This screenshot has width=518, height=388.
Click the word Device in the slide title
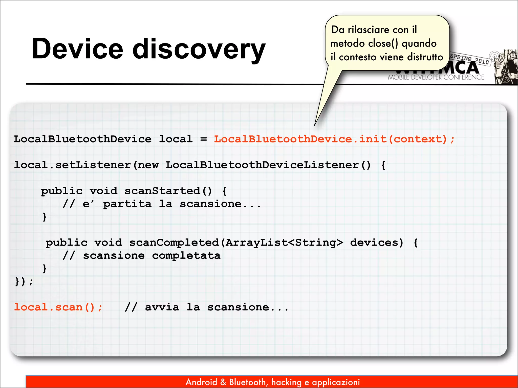(77, 49)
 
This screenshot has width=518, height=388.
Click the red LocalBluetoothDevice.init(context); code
(334, 139)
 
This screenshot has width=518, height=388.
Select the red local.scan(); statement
(58, 307)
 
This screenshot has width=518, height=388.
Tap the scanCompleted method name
(174, 243)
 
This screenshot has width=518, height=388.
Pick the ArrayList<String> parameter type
(284, 243)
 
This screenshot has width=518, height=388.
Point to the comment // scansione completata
(142, 256)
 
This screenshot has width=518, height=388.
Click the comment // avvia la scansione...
(206, 307)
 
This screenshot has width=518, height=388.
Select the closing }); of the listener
(24, 281)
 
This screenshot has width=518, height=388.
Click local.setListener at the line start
(72, 165)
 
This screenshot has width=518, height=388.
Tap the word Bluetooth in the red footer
(248, 382)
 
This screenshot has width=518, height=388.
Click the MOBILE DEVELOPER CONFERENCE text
(436, 77)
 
